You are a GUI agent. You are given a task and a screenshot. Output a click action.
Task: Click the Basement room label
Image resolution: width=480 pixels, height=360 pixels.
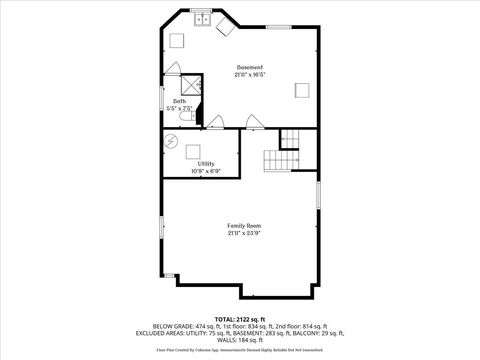pos(249,67)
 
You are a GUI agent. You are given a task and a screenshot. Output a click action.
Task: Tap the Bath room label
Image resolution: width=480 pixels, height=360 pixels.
pos(179,100)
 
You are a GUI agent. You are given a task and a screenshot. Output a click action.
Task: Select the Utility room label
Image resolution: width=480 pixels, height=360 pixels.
pos(205,163)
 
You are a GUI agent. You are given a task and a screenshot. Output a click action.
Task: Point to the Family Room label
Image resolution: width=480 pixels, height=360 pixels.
pos(240,226)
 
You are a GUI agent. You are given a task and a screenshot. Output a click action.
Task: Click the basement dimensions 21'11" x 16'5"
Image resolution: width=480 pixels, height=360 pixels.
pos(249,74)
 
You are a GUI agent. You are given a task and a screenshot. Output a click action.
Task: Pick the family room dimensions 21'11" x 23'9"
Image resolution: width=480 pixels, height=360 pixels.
pos(240,233)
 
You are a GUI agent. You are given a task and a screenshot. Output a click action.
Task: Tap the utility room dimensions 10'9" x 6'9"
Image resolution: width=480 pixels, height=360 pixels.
pos(205,170)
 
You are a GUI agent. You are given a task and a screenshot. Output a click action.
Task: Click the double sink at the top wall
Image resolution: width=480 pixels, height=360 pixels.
pos(201,18)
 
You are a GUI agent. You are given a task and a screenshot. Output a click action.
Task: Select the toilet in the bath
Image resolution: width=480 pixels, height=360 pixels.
pos(184,117)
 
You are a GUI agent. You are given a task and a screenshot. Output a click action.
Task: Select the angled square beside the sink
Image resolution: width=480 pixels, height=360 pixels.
pos(225,26)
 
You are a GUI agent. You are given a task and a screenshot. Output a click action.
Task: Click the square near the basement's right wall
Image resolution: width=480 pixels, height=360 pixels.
pos(302,90)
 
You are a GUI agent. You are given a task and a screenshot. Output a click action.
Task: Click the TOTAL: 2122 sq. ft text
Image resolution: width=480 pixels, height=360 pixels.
pos(240,318)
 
